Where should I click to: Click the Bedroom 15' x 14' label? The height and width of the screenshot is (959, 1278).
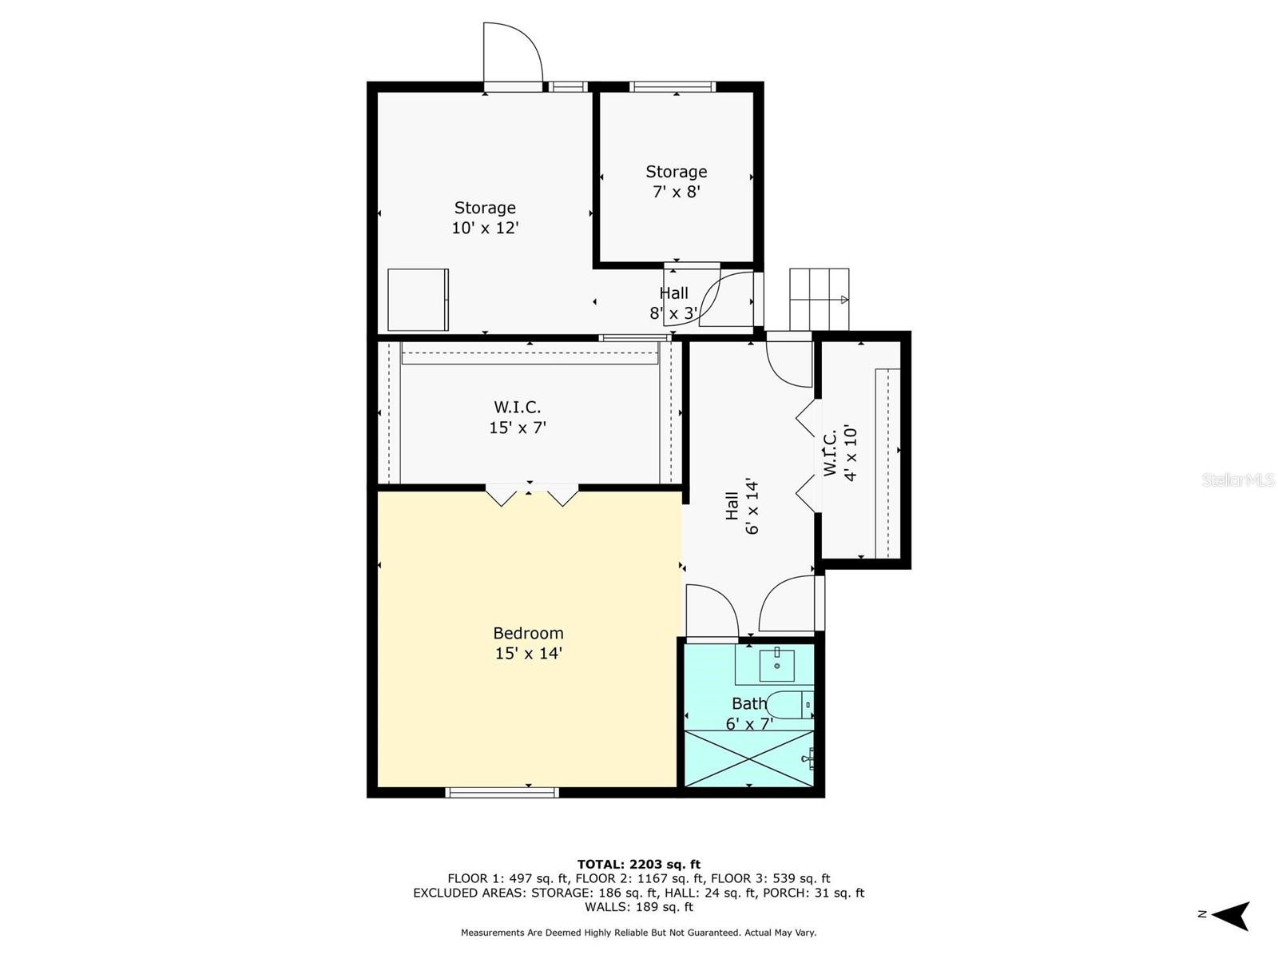(528, 643)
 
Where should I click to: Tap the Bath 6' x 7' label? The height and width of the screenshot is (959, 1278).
(749, 714)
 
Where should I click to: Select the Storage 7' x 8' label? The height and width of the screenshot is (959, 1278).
(677, 181)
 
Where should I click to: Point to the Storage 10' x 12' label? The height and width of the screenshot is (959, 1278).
(485, 217)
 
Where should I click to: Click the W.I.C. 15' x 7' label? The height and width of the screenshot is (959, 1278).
(518, 417)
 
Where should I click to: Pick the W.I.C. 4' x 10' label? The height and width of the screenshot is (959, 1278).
(839, 453)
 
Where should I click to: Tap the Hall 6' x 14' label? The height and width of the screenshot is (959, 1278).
(741, 506)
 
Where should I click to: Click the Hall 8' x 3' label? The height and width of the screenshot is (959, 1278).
(674, 303)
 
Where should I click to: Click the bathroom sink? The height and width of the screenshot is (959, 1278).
(776, 663)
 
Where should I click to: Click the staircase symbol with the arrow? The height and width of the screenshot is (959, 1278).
(819, 299)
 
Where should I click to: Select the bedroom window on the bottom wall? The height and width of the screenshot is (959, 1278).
(502, 792)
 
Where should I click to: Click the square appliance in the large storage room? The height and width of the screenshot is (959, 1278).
(418, 300)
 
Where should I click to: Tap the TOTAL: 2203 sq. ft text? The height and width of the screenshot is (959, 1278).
(638, 864)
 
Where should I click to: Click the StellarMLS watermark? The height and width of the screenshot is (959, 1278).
(1238, 479)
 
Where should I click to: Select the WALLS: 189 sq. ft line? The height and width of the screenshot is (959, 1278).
(638, 907)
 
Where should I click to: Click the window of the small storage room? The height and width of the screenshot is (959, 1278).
(672, 86)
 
